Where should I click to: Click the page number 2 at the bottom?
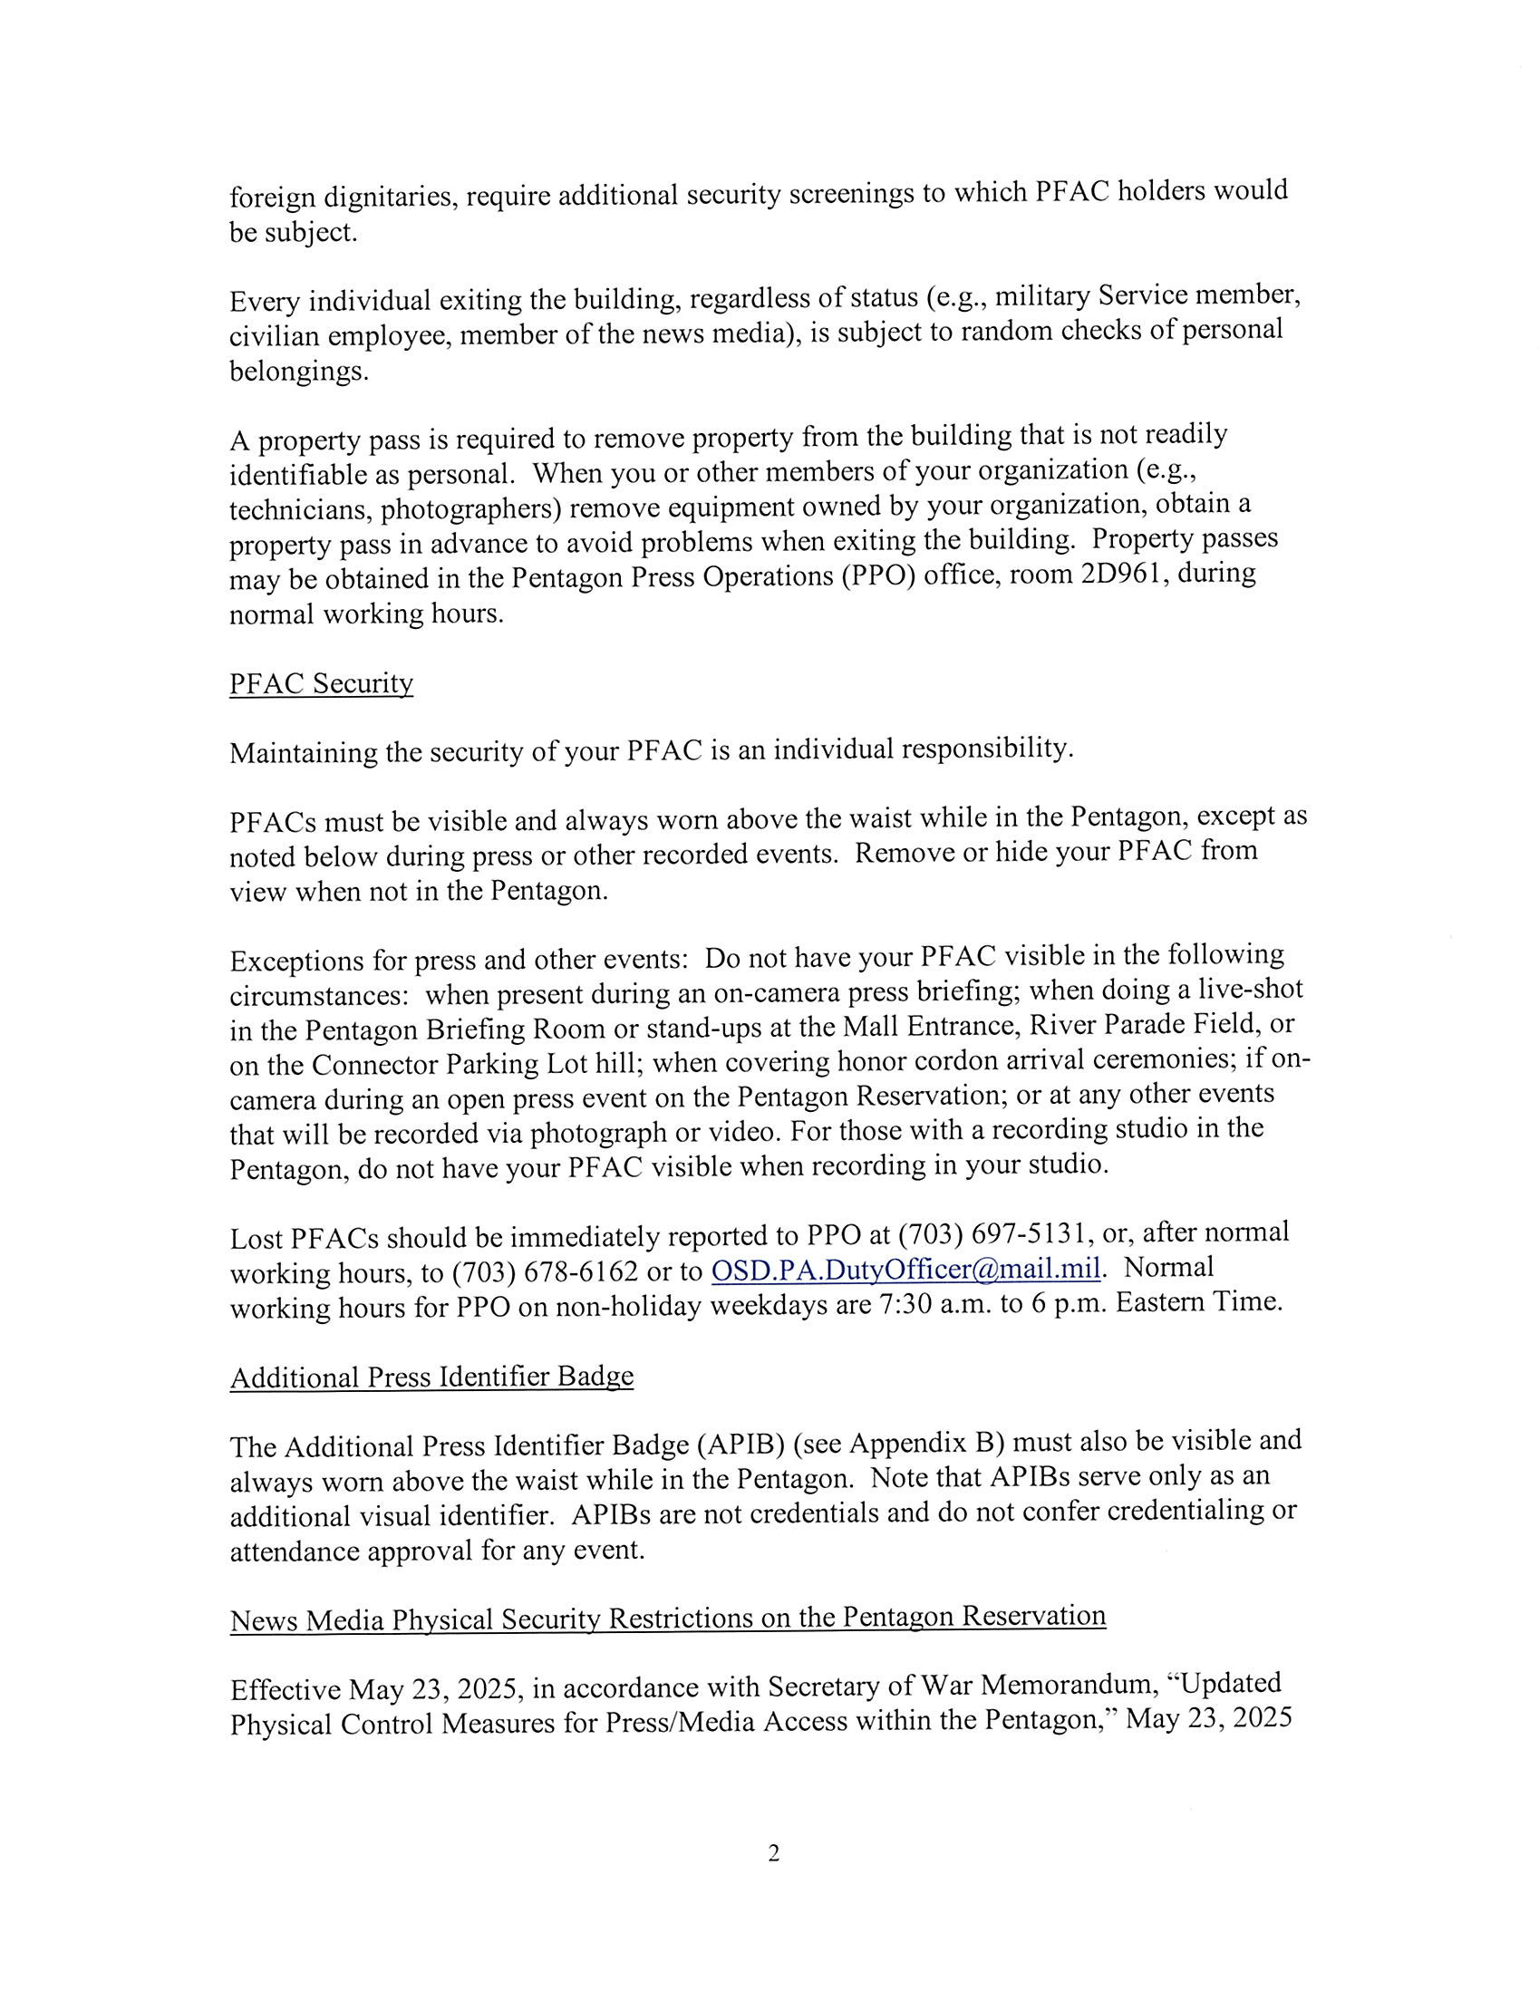[x=773, y=1853]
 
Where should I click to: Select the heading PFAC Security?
[x=321, y=682]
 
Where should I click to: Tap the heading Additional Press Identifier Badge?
[x=431, y=1376]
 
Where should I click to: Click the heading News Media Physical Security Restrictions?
[x=667, y=1619]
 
